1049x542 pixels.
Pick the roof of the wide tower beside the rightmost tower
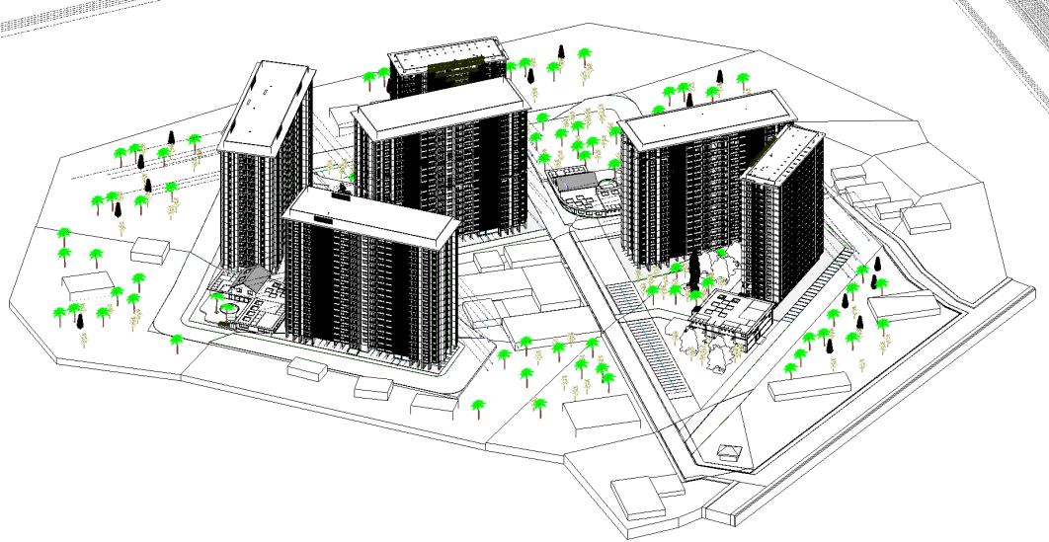pos(703,117)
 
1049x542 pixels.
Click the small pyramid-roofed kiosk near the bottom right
pos(731,451)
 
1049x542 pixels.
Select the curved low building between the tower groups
pos(584,193)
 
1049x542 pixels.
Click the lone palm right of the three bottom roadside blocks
pos(479,406)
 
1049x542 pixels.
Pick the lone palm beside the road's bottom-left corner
pos(178,342)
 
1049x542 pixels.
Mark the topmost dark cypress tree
pos(561,51)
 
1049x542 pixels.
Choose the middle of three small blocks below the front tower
pos(372,386)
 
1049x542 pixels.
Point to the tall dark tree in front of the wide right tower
pos(695,269)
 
